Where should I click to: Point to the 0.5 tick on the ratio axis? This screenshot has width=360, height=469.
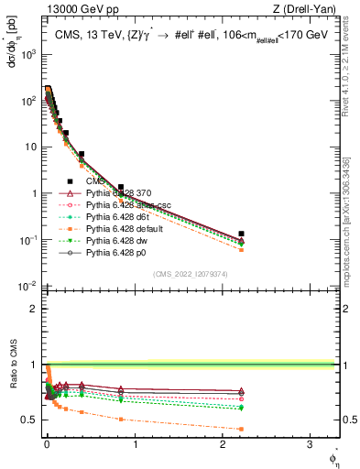tap(29, 420)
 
